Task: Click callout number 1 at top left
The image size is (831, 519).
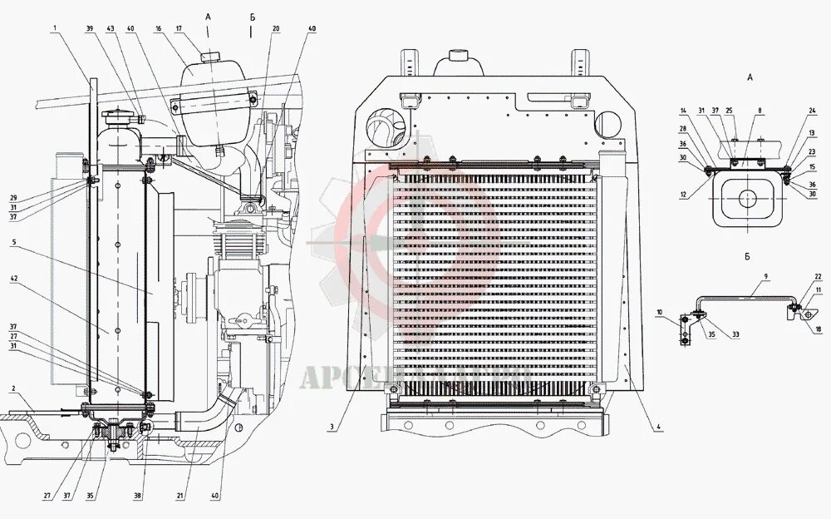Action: (54, 28)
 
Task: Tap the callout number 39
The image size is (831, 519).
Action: (90, 28)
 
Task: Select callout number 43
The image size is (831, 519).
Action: (110, 28)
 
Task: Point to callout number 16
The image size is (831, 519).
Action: (157, 28)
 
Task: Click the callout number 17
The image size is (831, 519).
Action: (178, 28)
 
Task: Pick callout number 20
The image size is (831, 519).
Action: (276, 28)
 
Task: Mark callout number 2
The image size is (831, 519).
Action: (14, 389)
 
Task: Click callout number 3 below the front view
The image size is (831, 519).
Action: (331, 428)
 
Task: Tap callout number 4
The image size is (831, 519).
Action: (657, 428)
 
